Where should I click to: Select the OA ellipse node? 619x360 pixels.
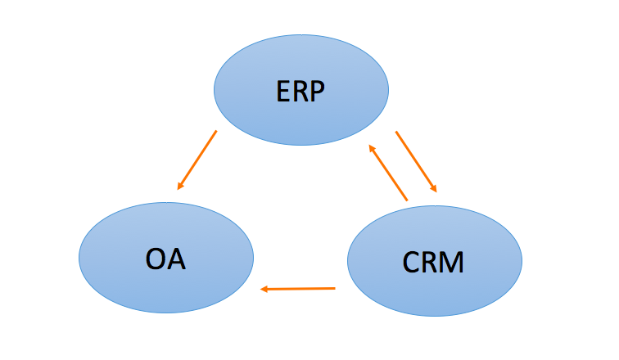coord(165,258)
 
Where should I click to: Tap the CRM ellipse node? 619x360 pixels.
coord(434,261)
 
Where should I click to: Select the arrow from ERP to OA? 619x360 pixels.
coord(197,160)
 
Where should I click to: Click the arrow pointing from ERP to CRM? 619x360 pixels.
coord(416,161)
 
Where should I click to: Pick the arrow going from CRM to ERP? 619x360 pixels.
coord(387,173)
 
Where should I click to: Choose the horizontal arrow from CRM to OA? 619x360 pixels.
coord(298,288)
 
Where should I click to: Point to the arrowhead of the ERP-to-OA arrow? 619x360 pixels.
coord(180,187)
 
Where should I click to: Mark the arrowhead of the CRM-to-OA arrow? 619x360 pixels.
coord(264,289)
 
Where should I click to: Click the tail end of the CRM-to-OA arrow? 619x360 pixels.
coord(335,287)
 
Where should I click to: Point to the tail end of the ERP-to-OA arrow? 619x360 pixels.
coord(216,131)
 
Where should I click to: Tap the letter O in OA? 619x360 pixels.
coord(155,258)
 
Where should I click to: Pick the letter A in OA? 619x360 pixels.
coord(176,258)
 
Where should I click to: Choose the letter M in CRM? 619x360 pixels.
coord(453,263)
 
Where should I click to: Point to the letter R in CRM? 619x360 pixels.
coord(431,263)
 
